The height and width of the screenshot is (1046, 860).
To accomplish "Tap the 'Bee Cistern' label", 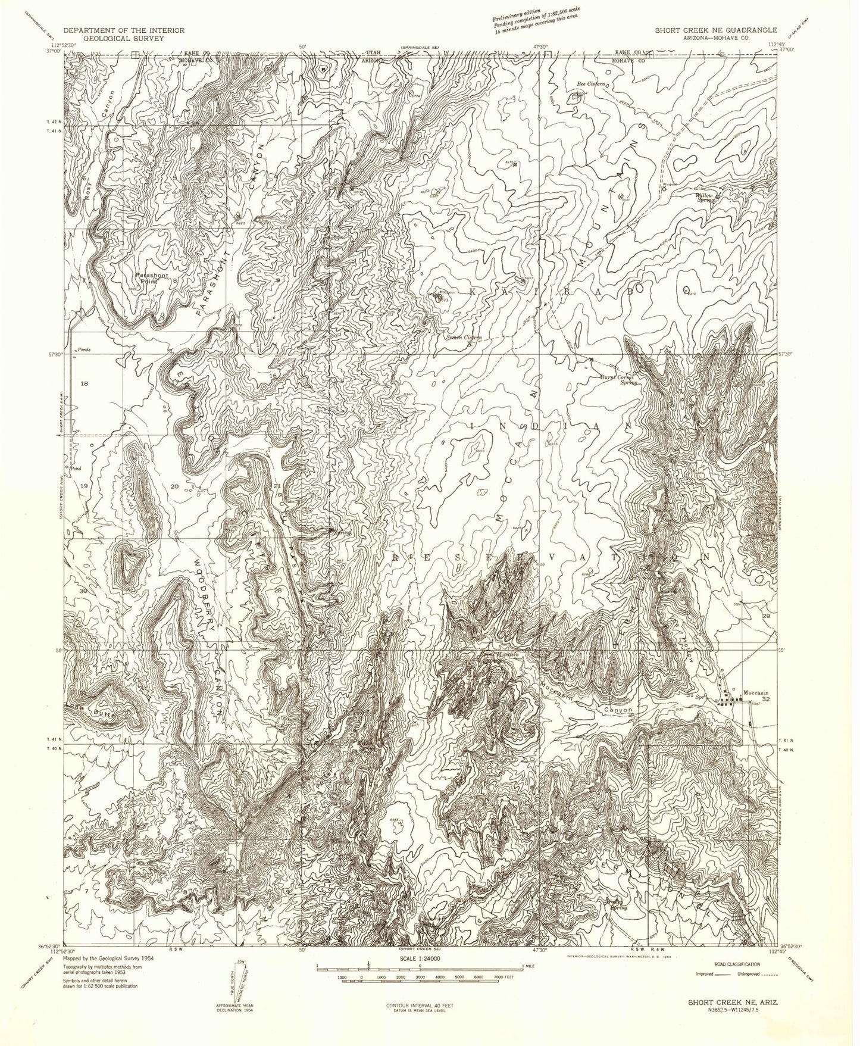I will pyautogui.click(x=591, y=84).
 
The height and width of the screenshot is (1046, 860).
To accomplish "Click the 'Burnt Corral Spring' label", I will pyautogui.click(x=618, y=380).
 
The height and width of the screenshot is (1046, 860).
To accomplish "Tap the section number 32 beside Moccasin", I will pyautogui.click(x=767, y=700).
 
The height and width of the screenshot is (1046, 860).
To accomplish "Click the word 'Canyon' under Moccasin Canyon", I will pyautogui.click(x=618, y=710).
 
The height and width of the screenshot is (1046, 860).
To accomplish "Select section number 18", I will pyautogui.click(x=83, y=384).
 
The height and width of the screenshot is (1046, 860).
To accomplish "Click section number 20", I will pyautogui.click(x=174, y=486).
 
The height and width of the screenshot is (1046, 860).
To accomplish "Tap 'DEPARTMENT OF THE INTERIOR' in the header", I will pyautogui.click(x=124, y=30).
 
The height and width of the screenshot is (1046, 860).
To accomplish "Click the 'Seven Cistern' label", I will pyautogui.click(x=465, y=338).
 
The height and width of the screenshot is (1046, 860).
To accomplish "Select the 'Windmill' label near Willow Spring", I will pyautogui.click(x=670, y=185).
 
